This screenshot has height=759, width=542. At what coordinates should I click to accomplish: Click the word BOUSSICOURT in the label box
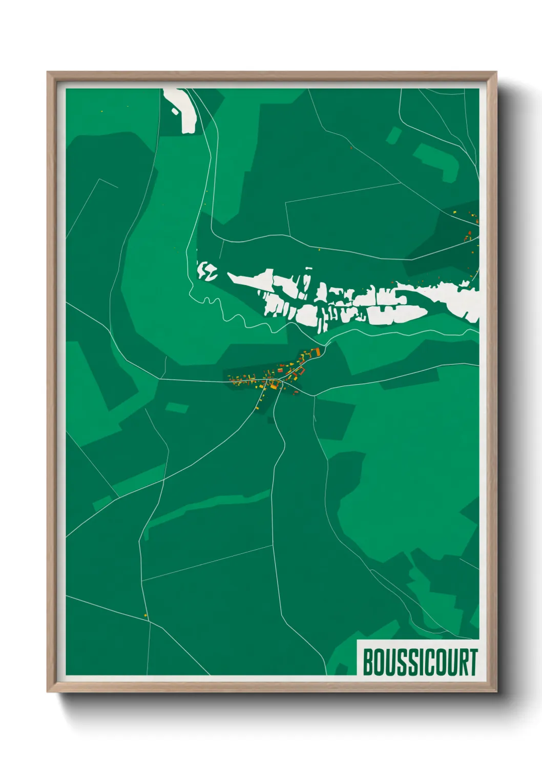[x=420, y=662]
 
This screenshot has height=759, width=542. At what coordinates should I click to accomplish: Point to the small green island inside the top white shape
[x=175, y=110]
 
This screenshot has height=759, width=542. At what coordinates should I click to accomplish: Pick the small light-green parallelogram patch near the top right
[x=393, y=135]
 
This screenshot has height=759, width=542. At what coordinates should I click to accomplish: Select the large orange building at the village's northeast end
[x=317, y=351]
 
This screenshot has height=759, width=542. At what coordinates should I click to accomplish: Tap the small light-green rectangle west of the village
[x=177, y=408]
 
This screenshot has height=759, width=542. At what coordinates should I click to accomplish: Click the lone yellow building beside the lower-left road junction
[x=145, y=615]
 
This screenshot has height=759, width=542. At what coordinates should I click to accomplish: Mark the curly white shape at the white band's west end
[x=207, y=271]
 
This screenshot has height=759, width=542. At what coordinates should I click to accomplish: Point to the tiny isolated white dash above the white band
[x=308, y=268]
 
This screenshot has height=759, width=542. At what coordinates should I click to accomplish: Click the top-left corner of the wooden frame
[x=48, y=73]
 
